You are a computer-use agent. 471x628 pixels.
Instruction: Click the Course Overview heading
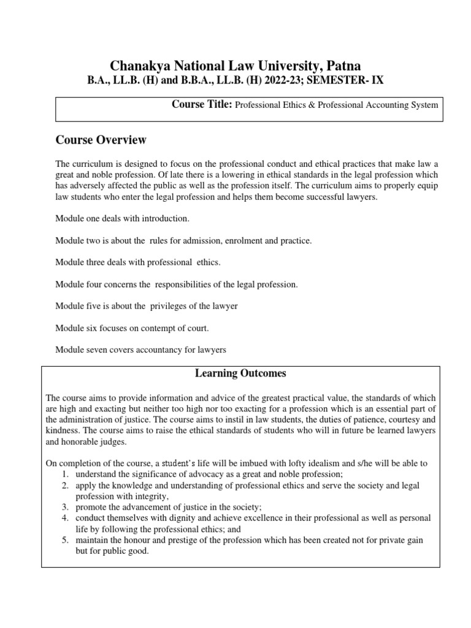pos(101,140)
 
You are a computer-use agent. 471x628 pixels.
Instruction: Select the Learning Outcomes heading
pos(240,373)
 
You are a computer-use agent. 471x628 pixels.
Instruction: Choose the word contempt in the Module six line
pos(148,327)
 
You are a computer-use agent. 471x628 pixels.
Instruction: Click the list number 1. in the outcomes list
pos(65,475)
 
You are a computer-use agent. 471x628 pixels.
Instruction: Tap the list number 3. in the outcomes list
pos(65,507)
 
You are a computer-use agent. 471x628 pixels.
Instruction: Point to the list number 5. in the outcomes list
pos(65,540)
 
